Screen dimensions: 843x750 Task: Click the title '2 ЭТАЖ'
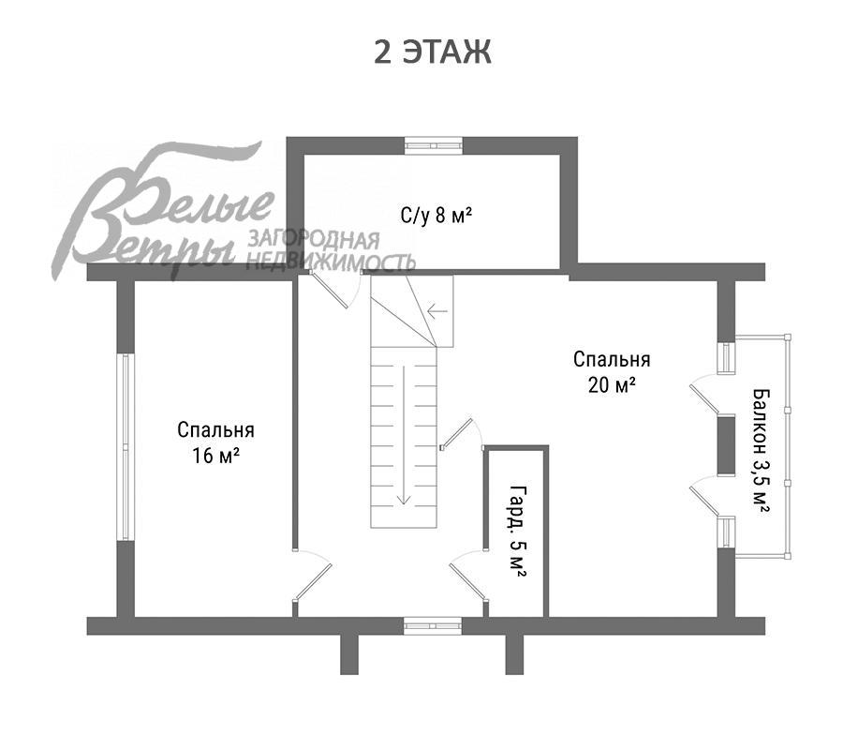pyautogui.click(x=432, y=52)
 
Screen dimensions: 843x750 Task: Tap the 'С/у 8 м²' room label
pyautogui.click(x=436, y=216)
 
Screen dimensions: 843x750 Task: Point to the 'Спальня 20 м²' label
pyautogui.click(x=612, y=372)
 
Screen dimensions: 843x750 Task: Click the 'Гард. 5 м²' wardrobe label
pyautogui.click(x=518, y=532)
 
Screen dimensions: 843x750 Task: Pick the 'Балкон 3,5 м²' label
pyautogui.click(x=761, y=450)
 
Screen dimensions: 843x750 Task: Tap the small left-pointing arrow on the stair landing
pyautogui.click(x=437, y=311)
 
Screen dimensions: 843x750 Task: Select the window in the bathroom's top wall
pyautogui.click(x=433, y=145)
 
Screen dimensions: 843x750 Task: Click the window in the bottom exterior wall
pyautogui.click(x=433, y=625)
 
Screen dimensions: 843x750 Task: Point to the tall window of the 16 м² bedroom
pyautogui.click(x=126, y=446)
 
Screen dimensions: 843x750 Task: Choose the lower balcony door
pyautogui.click(x=704, y=497)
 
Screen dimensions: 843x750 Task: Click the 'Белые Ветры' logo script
pyautogui.click(x=161, y=213)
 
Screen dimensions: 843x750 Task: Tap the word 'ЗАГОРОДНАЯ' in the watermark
pyautogui.click(x=314, y=240)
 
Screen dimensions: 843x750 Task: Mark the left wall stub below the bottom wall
pyautogui.click(x=349, y=654)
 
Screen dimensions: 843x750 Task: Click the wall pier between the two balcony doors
pyautogui.click(x=726, y=445)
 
